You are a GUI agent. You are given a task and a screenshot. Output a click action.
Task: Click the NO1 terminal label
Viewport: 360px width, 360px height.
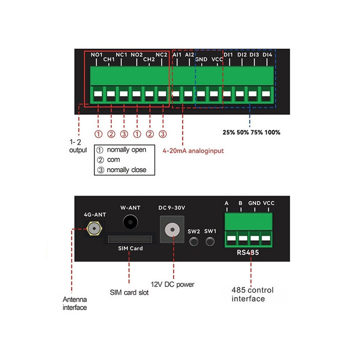point(96,55)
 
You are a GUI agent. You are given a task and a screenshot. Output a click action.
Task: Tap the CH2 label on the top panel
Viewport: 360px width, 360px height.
point(149,60)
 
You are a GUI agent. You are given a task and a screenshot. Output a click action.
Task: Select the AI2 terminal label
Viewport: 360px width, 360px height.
point(189,55)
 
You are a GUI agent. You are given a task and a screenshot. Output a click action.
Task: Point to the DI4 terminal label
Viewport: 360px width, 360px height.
point(267,55)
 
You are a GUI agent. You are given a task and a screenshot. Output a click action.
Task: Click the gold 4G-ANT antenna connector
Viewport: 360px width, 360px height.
point(94,229)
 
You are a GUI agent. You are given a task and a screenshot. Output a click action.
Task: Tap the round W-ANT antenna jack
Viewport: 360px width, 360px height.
point(130,222)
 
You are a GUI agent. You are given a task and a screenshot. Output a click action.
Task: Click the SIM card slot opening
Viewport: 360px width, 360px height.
point(130,239)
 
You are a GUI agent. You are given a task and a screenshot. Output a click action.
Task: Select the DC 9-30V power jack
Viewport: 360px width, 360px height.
point(172,229)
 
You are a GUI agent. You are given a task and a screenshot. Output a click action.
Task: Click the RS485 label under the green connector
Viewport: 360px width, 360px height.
point(248,253)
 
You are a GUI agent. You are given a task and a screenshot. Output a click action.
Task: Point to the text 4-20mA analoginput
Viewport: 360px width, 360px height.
point(193,151)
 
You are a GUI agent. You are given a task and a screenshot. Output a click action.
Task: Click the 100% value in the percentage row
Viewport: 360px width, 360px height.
point(272,132)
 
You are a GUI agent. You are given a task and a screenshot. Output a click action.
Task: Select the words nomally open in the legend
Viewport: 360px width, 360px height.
point(127,150)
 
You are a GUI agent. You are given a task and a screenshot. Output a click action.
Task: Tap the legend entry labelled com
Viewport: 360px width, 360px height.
point(113,160)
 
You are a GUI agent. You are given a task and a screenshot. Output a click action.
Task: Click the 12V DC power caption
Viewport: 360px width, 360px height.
point(172,284)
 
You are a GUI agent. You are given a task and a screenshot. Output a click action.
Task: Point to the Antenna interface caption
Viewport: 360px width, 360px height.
point(75,303)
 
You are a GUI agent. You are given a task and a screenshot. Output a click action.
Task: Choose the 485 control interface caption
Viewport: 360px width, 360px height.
point(252,294)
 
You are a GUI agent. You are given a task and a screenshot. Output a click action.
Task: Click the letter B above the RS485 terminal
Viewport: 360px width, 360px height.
point(240,203)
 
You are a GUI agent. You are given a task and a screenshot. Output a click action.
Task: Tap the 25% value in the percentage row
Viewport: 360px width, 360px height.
point(229,132)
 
